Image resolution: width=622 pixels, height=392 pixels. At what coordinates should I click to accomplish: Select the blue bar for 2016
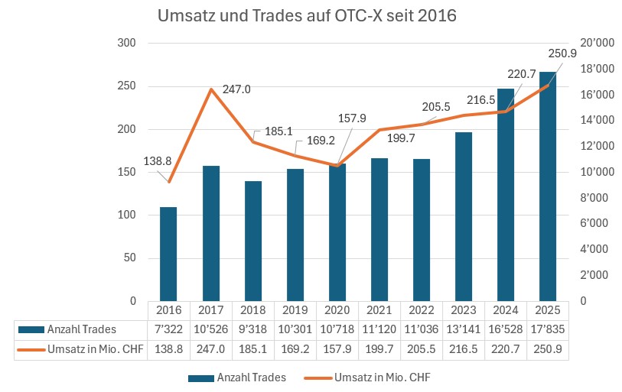point(168,254)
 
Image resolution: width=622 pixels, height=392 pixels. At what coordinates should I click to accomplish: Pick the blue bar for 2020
point(337,232)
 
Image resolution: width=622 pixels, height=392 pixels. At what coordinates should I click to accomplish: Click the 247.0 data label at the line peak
point(236,89)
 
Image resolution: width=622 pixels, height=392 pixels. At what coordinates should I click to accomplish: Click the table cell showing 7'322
point(168,329)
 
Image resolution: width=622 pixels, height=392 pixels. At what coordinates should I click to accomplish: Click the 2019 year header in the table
point(295,309)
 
